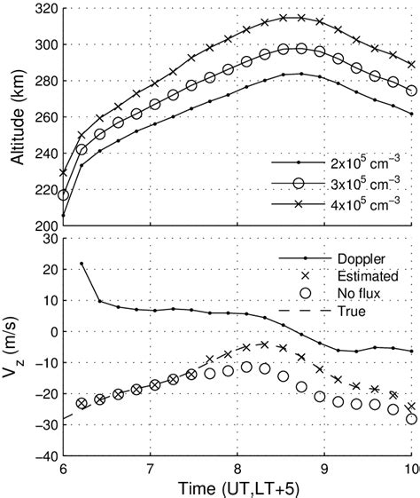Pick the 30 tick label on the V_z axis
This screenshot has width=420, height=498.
click(46, 240)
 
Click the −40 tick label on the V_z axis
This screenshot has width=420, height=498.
click(43, 456)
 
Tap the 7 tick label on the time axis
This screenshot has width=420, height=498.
click(150, 468)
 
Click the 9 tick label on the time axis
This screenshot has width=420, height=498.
click(324, 468)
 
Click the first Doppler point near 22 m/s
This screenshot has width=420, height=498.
click(82, 263)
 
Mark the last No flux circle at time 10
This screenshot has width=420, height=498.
click(410, 419)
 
